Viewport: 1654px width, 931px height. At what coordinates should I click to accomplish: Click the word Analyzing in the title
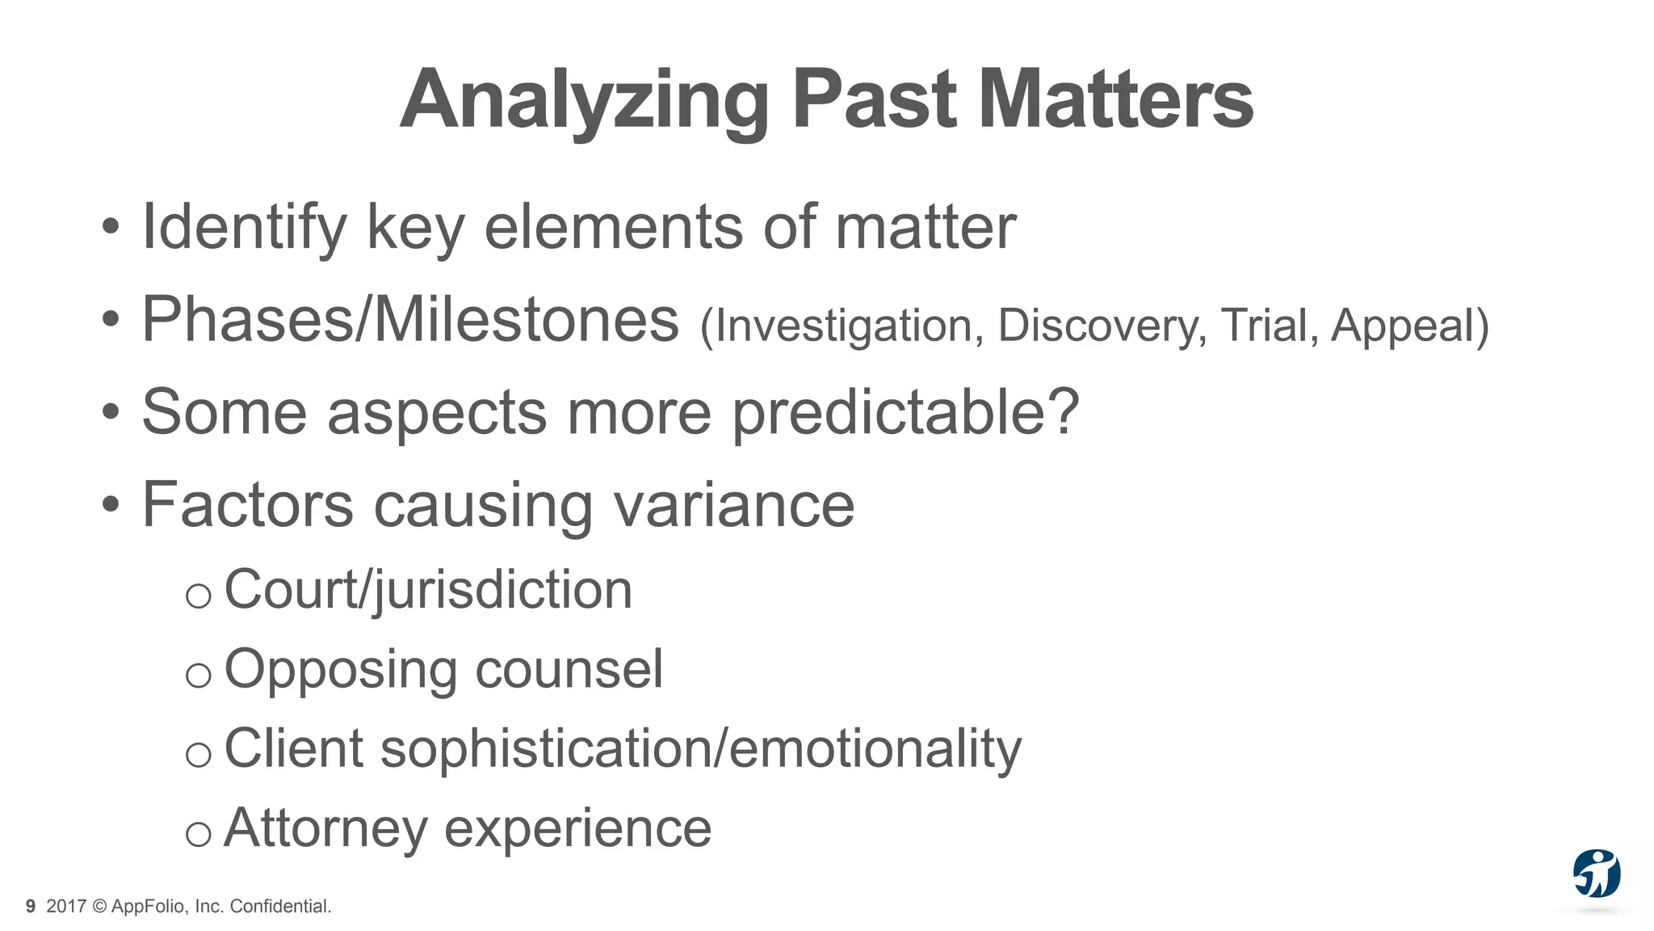point(583,100)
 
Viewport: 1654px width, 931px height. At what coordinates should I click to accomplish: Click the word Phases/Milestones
point(410,320)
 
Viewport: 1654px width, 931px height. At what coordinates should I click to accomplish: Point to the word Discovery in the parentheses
point(1102,326)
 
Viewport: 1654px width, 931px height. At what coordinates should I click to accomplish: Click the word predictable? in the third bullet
point(905,412)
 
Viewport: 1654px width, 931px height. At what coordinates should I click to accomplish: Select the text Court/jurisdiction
point(428,590)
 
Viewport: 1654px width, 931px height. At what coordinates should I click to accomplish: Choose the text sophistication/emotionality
point(700,749)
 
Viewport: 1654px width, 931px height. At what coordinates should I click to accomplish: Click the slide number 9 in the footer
point(31,907)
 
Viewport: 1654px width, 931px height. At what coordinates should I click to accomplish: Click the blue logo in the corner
point(1596,874)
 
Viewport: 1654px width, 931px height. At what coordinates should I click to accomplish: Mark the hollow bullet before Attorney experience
point(198,834)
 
